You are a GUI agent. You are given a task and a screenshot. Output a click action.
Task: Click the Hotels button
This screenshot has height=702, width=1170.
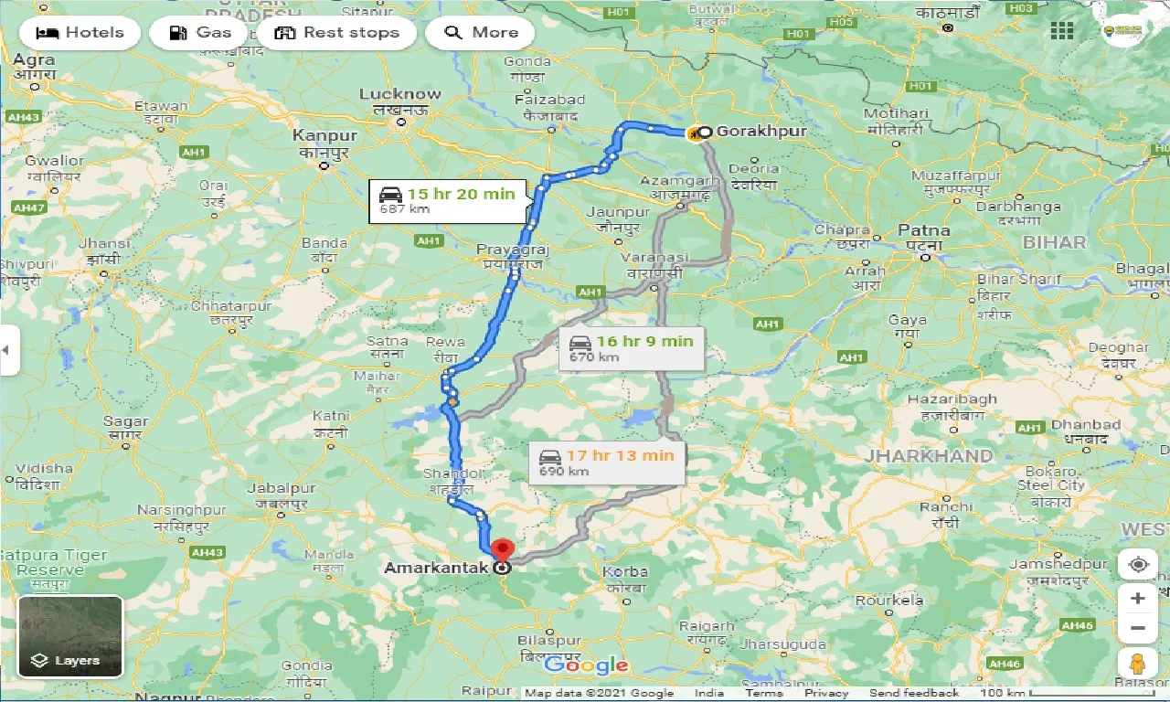[80, 33]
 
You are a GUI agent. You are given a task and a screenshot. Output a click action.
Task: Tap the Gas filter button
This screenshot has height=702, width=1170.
[202, 33]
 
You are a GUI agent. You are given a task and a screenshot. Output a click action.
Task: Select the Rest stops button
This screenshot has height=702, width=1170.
[336, 33]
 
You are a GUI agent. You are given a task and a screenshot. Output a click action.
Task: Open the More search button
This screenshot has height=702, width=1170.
[481, 33]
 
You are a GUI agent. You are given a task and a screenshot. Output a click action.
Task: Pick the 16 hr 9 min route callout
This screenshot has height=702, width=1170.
[632, 348]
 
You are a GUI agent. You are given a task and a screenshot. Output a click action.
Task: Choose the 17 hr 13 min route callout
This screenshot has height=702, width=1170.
[606, 463]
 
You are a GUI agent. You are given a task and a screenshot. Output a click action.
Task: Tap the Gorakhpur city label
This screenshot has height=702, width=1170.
[761, 132]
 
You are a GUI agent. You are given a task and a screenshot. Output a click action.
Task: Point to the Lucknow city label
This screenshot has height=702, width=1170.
[399, 94]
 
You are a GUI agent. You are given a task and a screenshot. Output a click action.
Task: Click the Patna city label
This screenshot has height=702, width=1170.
[923, 230]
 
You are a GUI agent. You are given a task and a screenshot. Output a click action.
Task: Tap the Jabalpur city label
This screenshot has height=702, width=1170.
[282, 489]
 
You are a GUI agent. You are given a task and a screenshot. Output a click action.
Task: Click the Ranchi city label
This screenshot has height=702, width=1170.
[946, 507]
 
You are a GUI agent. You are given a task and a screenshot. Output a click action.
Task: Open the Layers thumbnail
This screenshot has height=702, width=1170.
[70, 636]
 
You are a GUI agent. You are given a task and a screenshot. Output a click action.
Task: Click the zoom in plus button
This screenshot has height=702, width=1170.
[1137, 598]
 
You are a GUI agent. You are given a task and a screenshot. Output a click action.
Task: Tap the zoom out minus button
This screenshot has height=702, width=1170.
[1137, 627]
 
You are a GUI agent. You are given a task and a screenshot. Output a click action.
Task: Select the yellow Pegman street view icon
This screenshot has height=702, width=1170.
[1137, 663]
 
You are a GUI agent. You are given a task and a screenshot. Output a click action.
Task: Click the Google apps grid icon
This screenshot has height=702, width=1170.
[1062, 31]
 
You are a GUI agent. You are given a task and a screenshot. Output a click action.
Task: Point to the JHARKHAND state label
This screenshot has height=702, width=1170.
[929, 455]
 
